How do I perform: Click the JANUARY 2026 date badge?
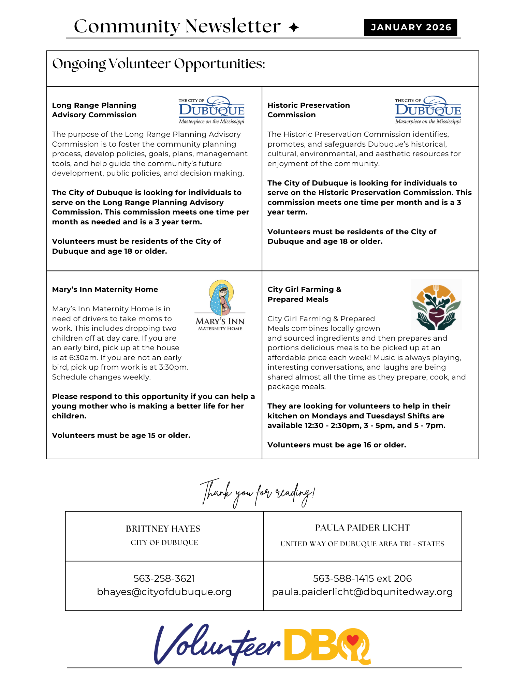(410, 27)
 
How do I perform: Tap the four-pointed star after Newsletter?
(293, 27)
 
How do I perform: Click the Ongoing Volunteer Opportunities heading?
(159, 64)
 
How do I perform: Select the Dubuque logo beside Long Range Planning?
(211, 110)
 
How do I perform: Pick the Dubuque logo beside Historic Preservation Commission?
(428, 110)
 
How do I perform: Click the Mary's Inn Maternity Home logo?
(220, 305)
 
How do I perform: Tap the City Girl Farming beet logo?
(436, 305)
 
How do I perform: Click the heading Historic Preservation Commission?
(308, 110)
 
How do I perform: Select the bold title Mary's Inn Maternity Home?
(105, 290)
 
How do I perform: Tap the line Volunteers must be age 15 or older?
(121, 435)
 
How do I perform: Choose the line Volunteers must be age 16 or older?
(337, 445)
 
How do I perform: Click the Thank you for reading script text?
(258, 493)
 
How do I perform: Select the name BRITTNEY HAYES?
(163, 529)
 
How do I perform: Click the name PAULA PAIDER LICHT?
(362, 528)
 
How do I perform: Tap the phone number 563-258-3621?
(164, 578)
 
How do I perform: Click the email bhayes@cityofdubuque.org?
(164, 592)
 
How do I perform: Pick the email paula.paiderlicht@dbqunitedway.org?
(362, 592)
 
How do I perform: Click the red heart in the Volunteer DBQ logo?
(352, 640)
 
